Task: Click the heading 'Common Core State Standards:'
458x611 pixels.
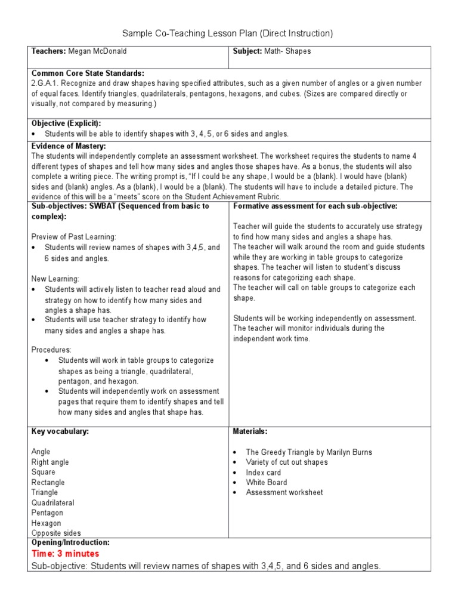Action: pos(88,73)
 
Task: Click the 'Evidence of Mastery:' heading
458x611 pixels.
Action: pos(69,146)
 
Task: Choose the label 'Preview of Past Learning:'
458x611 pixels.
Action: pos(73,236)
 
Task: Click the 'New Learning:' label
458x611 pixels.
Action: pos(55,279)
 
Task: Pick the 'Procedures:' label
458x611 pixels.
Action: pos(51,350)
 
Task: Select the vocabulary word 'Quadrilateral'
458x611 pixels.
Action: pos(53,502)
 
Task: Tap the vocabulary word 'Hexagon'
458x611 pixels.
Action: pos(47,523)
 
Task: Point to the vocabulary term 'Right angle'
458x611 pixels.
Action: pos(50,462)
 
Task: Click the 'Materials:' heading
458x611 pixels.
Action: pos(250,431)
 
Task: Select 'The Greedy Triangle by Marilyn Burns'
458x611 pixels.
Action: pos(308,452)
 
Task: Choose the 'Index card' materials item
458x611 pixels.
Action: pos(263,473)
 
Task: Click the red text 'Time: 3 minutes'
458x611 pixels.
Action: pos(66,554)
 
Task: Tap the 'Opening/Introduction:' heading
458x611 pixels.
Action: pos(70,542)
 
